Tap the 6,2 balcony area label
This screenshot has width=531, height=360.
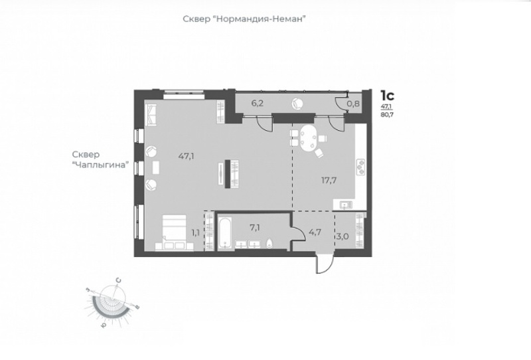click(x=258, y=104)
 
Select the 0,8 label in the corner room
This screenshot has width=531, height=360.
click(x=353, y=104)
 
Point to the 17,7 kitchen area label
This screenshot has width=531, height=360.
click(x=329, y=180)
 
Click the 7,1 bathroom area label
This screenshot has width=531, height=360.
click(x=255, y=227)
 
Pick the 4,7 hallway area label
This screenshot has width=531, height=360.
click(x=315, y=232)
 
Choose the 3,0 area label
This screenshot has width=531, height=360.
click(x=342, y=236)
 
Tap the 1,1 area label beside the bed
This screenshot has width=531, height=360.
click(x=195, y=233)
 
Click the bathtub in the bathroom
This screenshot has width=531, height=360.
click(x=224, y=233)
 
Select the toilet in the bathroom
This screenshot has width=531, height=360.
click(x=270, y=243)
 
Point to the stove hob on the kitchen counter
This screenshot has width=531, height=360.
click(x=360, y=167)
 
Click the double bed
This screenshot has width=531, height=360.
click(x=174, y=232)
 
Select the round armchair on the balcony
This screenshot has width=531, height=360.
click(x=297, y=104)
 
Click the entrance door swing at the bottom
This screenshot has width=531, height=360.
click(x=325, y=264)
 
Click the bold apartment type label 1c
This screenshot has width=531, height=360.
click(x=387, y=96)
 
